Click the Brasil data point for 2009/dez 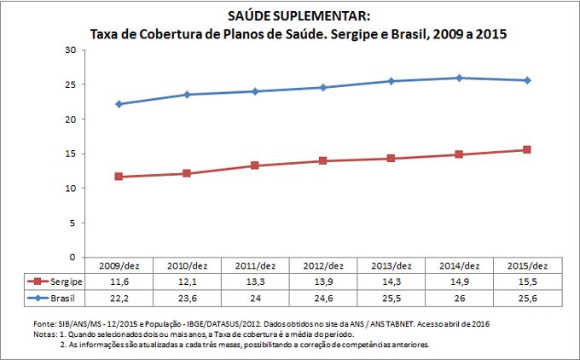click(x=119, y=104)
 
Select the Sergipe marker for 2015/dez click(x=527, y=149)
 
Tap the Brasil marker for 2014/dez click(x=459, y=78)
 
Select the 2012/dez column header click(x=322, y=265)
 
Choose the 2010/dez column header click(x=187, y=265)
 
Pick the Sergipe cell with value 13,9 click(x=322, y=281)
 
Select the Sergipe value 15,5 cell click(x=527, y=281)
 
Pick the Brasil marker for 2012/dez click(x=322, y=87)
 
